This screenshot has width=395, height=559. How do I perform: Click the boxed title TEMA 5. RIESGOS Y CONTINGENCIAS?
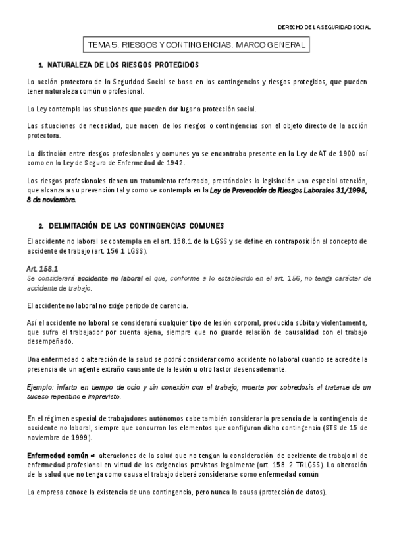pyautogui.click(x=197, y=45)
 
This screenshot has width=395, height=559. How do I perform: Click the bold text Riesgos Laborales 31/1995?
pyautogui.click(x=325, y=189)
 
